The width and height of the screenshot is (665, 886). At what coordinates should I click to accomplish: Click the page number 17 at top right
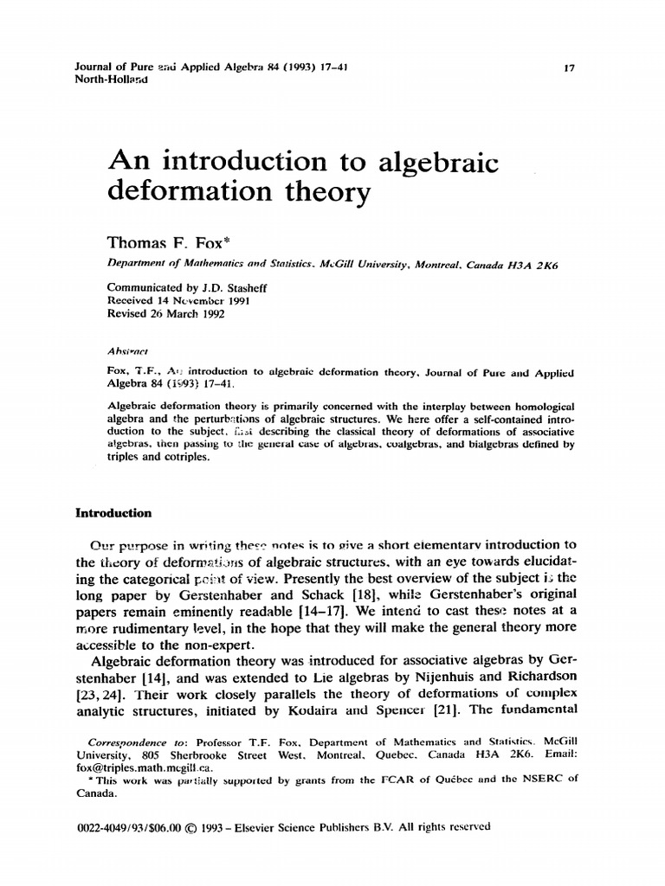(x=569, y=68)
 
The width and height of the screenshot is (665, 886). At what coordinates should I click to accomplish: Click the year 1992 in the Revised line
(x=208, y=314)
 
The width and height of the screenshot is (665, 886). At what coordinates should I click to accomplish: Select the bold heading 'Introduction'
(x=114, y=513)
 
